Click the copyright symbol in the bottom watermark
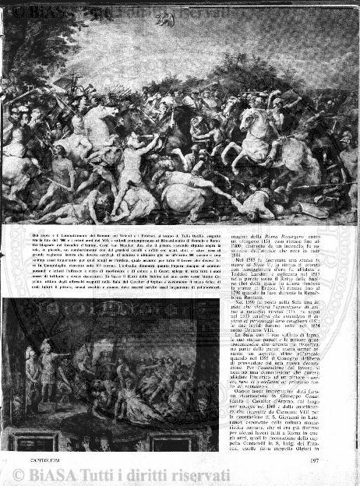[x=17, y=474]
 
